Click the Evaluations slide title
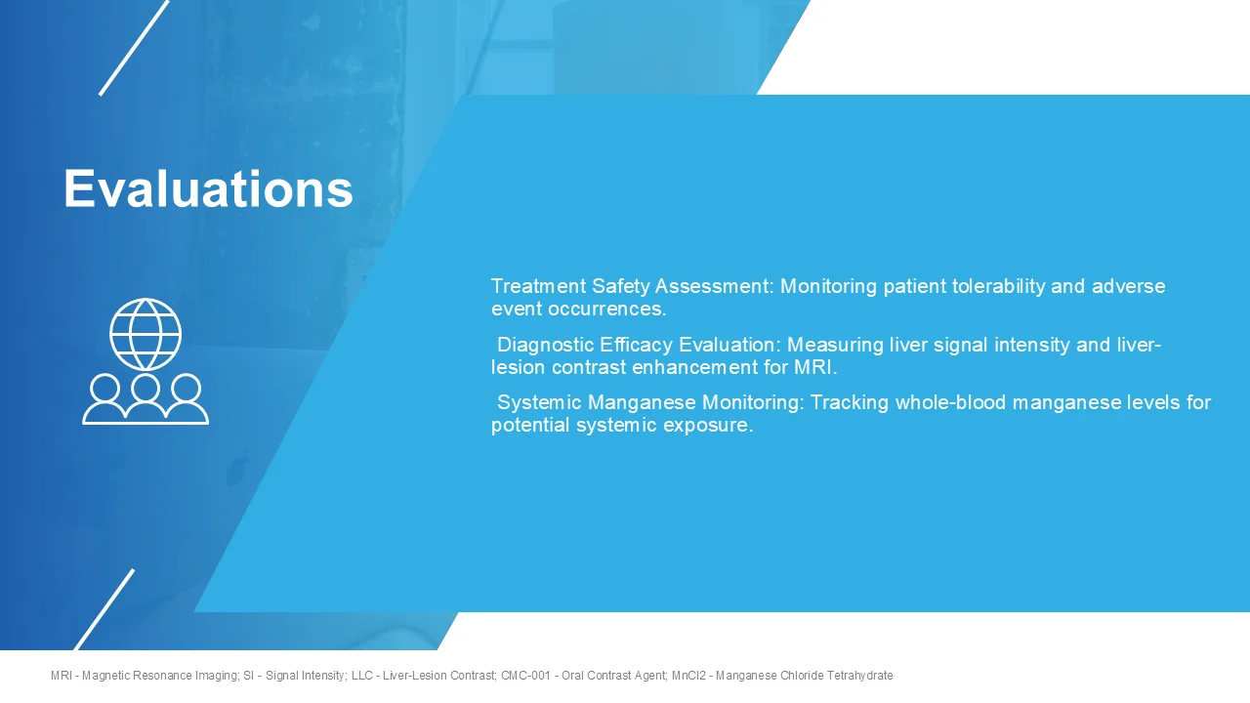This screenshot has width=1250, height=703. (x=208, y=187)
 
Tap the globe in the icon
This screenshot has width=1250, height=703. (x=146, y=334)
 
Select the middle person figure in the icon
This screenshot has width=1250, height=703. (x=146, y=399)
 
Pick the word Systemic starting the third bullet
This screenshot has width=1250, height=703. (x=539, y=402)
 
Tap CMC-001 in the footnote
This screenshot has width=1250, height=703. (x=527, y=676)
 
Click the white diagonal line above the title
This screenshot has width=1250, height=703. (x=134, y=48)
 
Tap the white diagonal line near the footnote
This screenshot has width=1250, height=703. (x=104, y=609)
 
